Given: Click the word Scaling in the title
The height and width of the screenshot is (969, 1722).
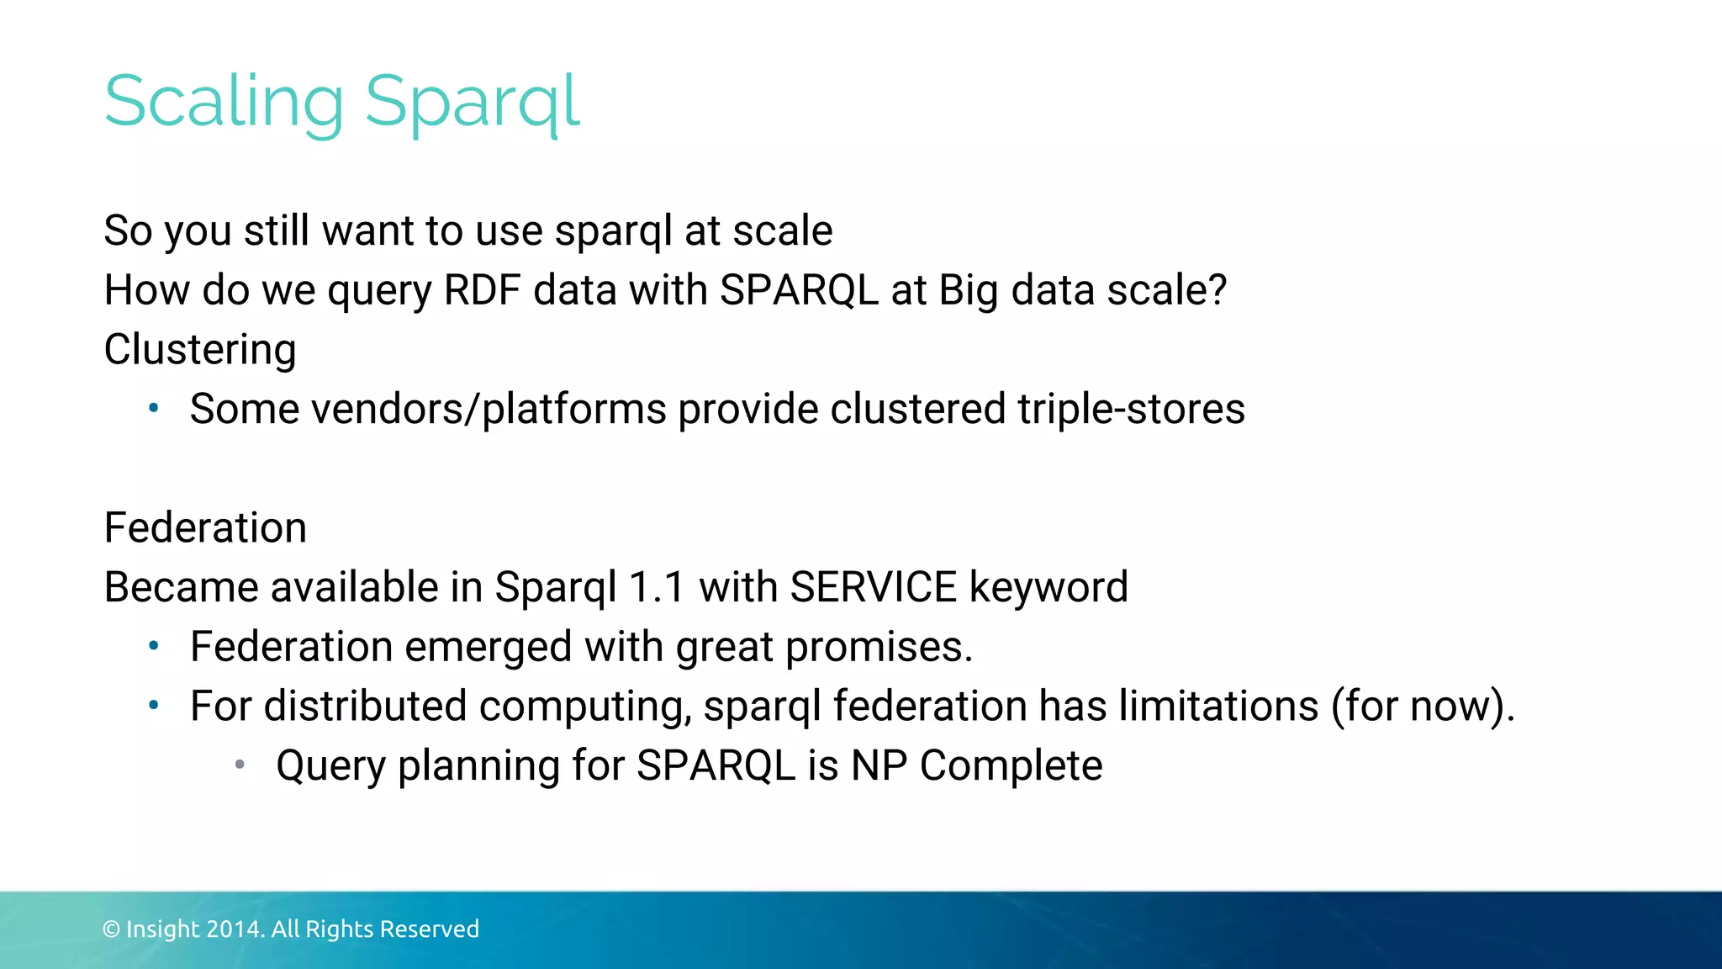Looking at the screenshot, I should pyautogui.click(x=224, y=103).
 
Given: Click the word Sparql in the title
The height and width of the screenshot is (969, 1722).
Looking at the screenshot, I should pyautogui.click(x=472, y=103).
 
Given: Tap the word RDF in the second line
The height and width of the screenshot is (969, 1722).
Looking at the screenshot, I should pyautogui.click(x=482, y=290).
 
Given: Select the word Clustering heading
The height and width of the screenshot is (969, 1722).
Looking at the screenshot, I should pyautogui.click(x=200, y=350).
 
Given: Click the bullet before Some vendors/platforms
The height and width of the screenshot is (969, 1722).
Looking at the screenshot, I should pyautogui.click(x=153, y=409).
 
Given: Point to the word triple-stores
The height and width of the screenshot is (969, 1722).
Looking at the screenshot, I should pyautogui.click(x=1131, y=410).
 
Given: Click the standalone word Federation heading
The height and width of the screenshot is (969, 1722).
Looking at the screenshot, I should pyautogui.click(x=205, y=528).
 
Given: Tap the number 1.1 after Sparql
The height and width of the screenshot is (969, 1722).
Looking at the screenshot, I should pyautogui.click(x=657, y=587).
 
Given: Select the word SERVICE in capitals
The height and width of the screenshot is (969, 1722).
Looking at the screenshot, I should pyautogui.click(x=874, y=587).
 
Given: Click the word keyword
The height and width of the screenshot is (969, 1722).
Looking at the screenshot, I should pyautogui.click(x=1049, y=587).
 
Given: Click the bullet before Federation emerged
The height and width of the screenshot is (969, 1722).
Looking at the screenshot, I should pyautogui.click(x=153, y=647).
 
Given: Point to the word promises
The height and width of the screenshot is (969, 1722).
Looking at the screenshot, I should pyautogui.click(x=878, y=648).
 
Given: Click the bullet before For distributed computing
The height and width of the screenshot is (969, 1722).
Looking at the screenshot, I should pyautogui.click(x=153, y=706).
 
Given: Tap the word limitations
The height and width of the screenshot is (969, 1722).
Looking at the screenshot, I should pyautogui.click(x=1218, y=706).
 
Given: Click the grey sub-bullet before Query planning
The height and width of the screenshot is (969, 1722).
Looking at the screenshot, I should pyautogui.click(x=240, y=765).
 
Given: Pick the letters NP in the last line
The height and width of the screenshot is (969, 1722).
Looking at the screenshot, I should pyautogui.click(x=879, y=765).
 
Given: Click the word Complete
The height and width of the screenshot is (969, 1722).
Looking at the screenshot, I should pyautogui.click(x=1011, y=765).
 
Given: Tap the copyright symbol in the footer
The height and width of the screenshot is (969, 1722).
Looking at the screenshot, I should pyautogui.click(x=111, y=929).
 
